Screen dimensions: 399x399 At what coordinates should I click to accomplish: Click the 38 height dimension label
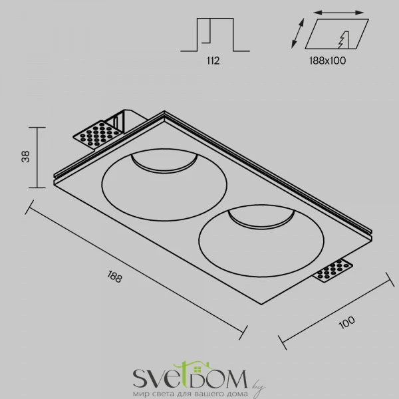tap(26, 157)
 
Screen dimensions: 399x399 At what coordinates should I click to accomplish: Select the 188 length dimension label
tap(115, 277)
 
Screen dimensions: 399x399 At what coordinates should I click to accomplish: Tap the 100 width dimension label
tap(346, 322)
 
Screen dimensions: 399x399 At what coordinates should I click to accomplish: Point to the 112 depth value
tap(213, 61)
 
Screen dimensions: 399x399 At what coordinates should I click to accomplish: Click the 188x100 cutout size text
tap(327, 61)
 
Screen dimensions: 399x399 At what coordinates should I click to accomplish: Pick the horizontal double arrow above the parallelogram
tap(338, 12)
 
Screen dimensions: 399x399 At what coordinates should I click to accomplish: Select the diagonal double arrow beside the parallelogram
tap(298, 33)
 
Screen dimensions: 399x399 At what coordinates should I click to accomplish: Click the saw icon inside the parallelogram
tap(343, 40)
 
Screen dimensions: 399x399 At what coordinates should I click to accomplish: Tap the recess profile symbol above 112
tap(215, 35)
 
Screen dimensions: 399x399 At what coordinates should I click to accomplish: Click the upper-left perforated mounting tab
tap(97, 134)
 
